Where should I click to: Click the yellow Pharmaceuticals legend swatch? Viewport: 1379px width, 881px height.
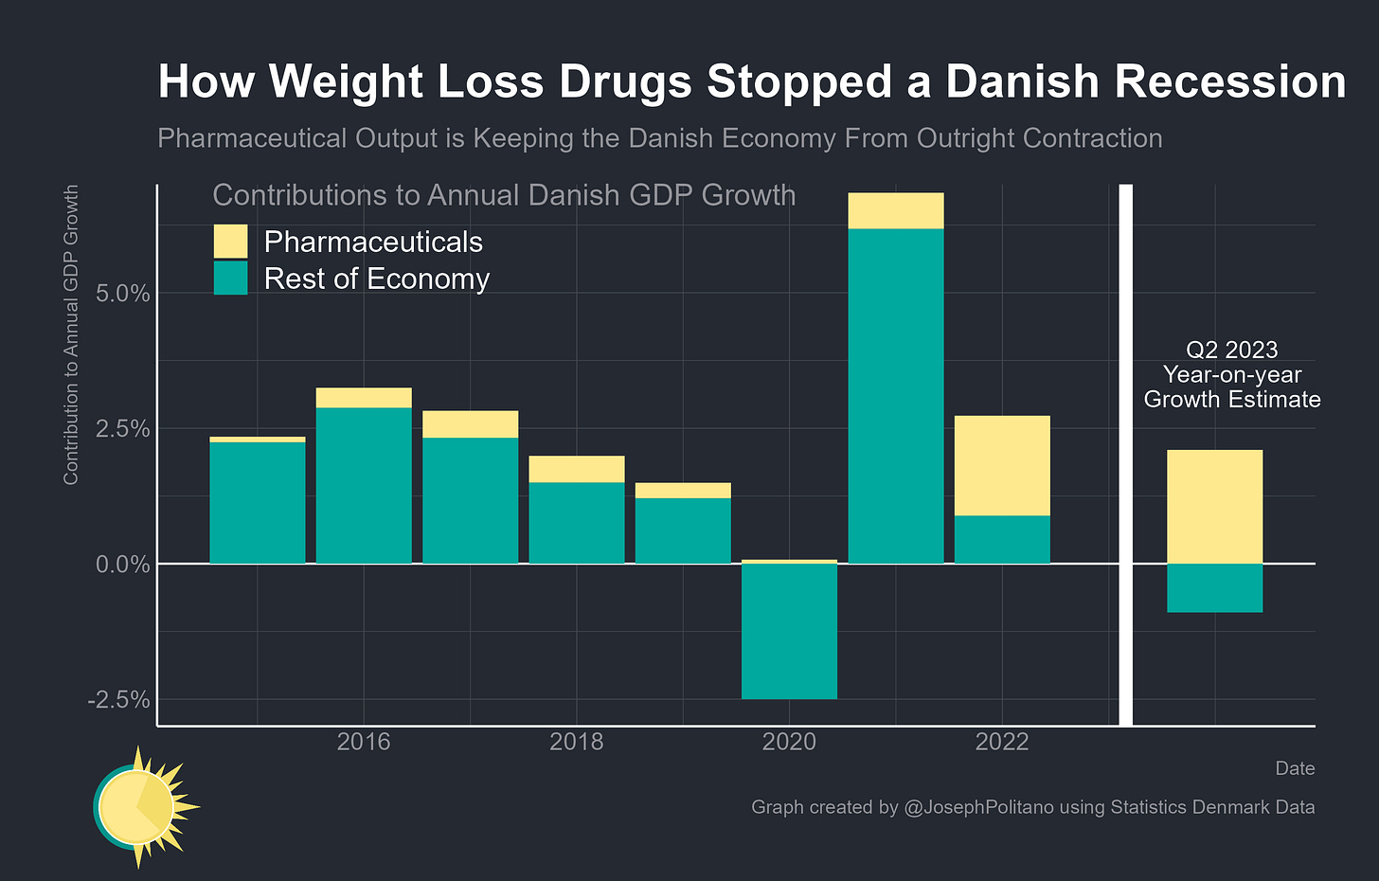click(230, 242)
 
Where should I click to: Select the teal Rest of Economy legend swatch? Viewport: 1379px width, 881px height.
click(230, 279)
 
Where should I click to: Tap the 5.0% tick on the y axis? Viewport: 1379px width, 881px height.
click(123, 294)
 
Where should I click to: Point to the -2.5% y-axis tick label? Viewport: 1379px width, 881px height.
click(118, 701)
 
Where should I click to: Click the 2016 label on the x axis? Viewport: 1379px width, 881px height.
click(364, 742)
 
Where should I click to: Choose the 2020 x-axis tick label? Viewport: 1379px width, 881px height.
click(789, 742)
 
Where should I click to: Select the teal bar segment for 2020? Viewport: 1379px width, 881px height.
click(789, 631)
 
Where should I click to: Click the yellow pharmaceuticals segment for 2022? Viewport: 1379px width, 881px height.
click(1002, 465)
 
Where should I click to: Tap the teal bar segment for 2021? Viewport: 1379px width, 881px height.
click(896, 396)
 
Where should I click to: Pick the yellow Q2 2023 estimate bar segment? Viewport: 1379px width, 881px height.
click(1214, 507)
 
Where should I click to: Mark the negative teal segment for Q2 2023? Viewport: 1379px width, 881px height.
click(1214, 588)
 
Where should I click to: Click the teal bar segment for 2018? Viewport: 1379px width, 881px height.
click(577, 523)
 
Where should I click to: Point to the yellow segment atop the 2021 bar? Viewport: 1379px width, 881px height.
click(896, 210)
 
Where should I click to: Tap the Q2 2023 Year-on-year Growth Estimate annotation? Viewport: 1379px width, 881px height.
click(1231, 375)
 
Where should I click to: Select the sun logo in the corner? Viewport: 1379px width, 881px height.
click(142, 807)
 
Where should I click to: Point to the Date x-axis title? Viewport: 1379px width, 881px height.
click(1295, 768)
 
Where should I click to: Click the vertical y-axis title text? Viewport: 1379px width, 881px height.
click(71, 335)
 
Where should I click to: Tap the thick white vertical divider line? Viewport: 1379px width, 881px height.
click(1126, 455)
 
